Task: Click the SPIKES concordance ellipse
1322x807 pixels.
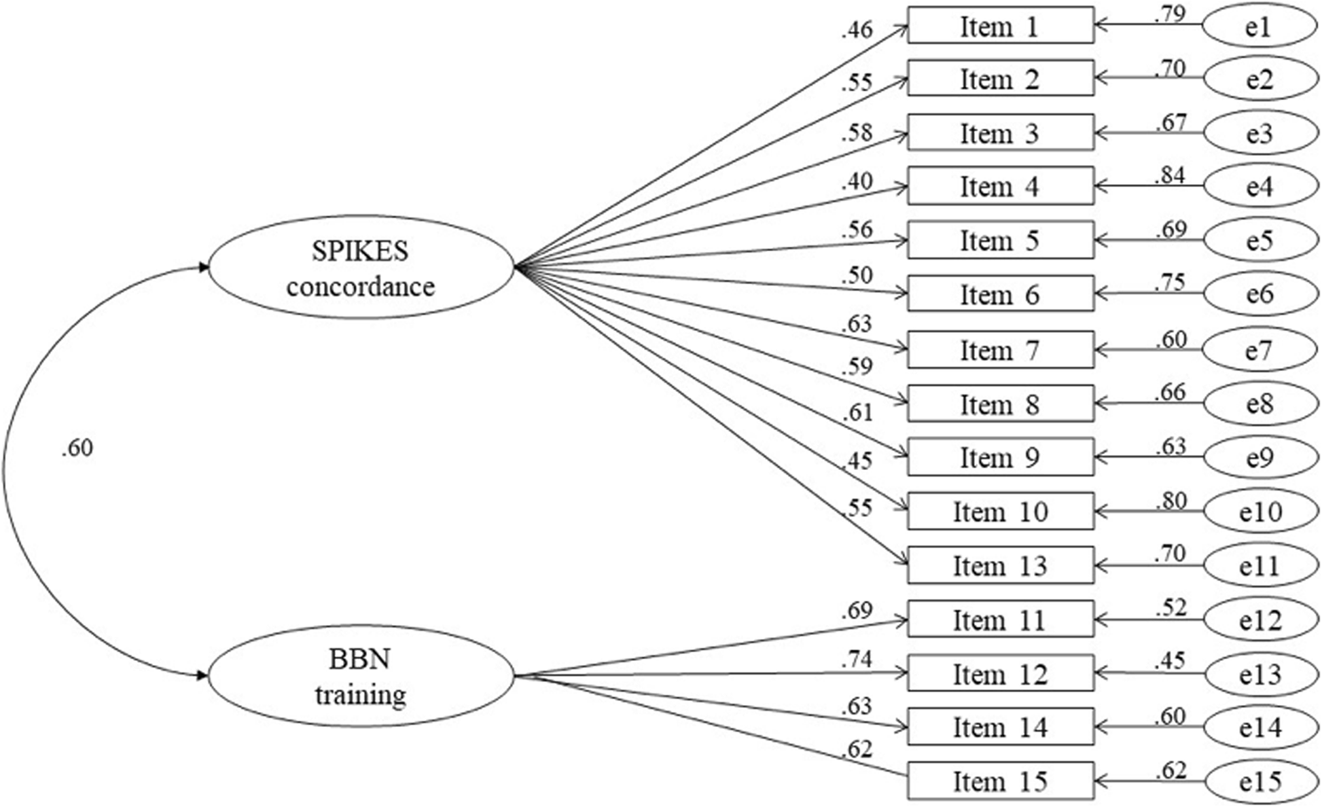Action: pyautogui.click(x=361, y=268)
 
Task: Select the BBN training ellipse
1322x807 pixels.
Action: pyautogui.click(x=361, y=676)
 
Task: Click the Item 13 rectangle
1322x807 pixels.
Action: pyautogui.click(x=1000, y=565)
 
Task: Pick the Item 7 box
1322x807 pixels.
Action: pyautogui.click(x=1000, y=350)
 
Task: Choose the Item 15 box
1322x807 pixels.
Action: pyautogui.click(x=1000, y=781)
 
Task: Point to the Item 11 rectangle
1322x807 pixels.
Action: pyautogui.click(x=1000, y=620)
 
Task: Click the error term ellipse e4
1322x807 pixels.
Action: pyautogui.click(x=1260, y=186)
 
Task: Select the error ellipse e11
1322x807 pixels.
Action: pyautogui.click(x=1260, y=565)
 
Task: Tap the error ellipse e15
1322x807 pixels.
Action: pyautogui.click(x=1260, y=781)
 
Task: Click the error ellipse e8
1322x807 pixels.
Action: pyautogui.click(x=1260, y=403)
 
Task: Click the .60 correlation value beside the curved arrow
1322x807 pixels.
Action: pyautogui.click(x=77, y=448)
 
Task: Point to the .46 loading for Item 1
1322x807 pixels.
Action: pyautogui.click(x=856, y=30)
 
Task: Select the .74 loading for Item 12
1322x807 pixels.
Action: pyautogui.click(x=856, y=659)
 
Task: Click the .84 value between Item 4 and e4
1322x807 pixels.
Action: pyautogui.click(x=1170, y=175)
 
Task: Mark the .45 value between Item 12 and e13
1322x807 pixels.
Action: pyautogui.click(x=1170, y=660)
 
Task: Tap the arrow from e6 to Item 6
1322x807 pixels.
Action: pyautogui.click(x=1148, y=294)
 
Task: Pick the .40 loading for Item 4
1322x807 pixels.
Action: pyautogui.click(x=856, y=181)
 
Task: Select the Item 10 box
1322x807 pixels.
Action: pyautogui.click(x=1000, y=511)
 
